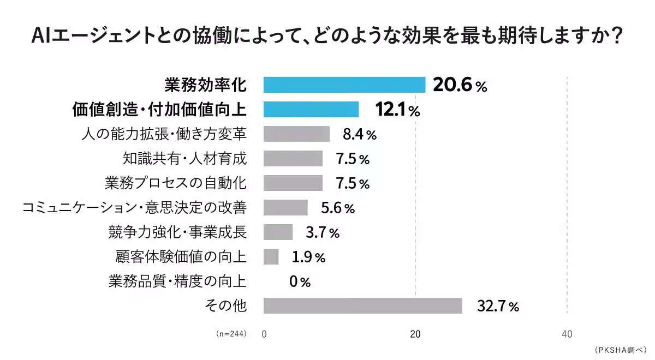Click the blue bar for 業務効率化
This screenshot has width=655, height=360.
click(344, 85)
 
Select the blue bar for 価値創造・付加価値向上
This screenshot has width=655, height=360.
click(311, 110)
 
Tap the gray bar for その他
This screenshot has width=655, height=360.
click(362, 306)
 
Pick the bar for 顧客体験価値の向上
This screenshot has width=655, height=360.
click(271, 257)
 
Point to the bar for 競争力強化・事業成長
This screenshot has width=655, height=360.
click(278, 232)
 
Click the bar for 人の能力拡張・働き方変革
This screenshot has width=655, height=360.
click(296, 134)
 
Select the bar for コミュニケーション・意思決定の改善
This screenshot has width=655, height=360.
click(285, 208)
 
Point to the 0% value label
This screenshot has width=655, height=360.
click(300, 282)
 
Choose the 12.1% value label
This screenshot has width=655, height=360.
click(397, 110)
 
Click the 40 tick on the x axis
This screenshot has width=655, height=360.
click(567, 334)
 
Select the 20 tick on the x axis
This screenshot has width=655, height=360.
click(415, 334)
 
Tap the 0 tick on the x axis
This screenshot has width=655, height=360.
click(264, 334)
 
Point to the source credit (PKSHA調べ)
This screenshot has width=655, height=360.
click(620, 350)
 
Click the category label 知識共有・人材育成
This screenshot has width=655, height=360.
click(185, 159)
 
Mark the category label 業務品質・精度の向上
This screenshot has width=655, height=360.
click(177, 281)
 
